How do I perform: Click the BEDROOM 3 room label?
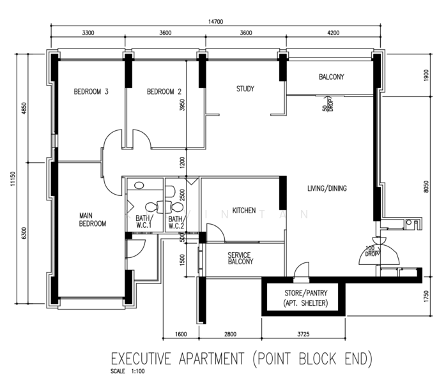tap(91, 91)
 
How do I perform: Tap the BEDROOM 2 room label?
tap(164, 91)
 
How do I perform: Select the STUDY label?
tap(245, 89)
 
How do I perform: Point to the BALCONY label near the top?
tap(332, 77)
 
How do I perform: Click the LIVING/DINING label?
tap(327, 188)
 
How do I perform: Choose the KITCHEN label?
tap(244, 211)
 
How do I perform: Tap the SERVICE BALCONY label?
tap(240, 259)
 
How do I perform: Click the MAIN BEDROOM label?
tap(93, 220)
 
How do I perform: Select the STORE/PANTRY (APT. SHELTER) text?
tap(306, 298)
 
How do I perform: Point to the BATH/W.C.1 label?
tap(144, 222)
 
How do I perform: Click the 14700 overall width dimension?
tap(215, 22)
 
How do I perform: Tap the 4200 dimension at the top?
tap(334, 33)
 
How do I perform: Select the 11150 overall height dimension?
tap(13, 179)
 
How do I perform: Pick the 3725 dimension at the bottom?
tap(304, 334)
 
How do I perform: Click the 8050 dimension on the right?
tap(426, 186)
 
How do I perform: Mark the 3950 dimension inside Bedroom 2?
tap(182, 105)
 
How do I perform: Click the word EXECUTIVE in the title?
tap(141, 359)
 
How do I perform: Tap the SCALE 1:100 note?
tap(128, 371)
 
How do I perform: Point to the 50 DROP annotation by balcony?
tap(327, 103)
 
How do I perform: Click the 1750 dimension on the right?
tap(426, 296)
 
